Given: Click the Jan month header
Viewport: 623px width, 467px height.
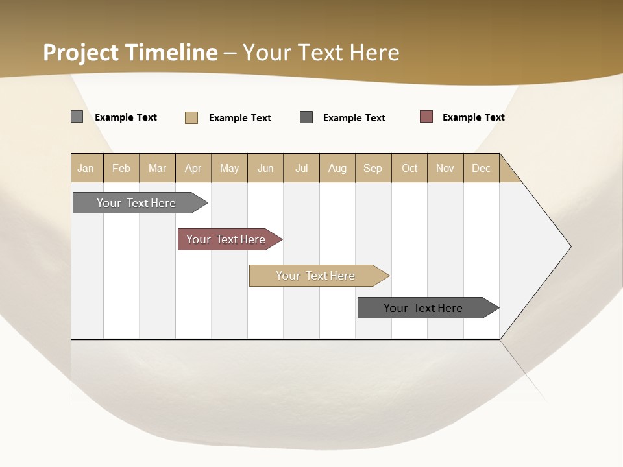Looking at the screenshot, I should (86, 168).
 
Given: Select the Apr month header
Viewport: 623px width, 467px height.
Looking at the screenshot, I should (193, 168).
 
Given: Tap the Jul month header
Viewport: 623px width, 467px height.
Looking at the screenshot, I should (301, 168).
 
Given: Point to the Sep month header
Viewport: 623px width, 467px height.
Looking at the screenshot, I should (373, 168).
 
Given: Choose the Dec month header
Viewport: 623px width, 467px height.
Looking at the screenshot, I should (481, 168).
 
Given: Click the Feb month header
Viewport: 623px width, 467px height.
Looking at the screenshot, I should (121, 168).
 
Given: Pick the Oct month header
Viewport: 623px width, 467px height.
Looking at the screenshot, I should (409, 168).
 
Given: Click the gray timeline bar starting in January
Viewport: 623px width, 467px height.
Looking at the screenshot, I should (136, 203).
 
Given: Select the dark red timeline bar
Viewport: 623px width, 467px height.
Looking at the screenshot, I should (226, 239).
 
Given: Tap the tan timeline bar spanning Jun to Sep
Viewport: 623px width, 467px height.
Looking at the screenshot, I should (315, 276).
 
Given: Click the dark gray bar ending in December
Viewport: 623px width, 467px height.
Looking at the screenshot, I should (423, 308).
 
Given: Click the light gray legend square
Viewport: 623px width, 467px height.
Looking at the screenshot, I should (77, 117).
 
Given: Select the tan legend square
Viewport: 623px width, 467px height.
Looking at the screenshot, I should (191, 117).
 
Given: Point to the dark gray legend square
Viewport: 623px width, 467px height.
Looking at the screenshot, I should (306, 117).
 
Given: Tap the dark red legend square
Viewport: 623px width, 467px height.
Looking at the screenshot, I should (426, 117).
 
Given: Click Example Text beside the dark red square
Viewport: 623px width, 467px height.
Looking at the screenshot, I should (473, 117).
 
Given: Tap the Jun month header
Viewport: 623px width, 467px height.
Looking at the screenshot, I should (265, 168).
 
